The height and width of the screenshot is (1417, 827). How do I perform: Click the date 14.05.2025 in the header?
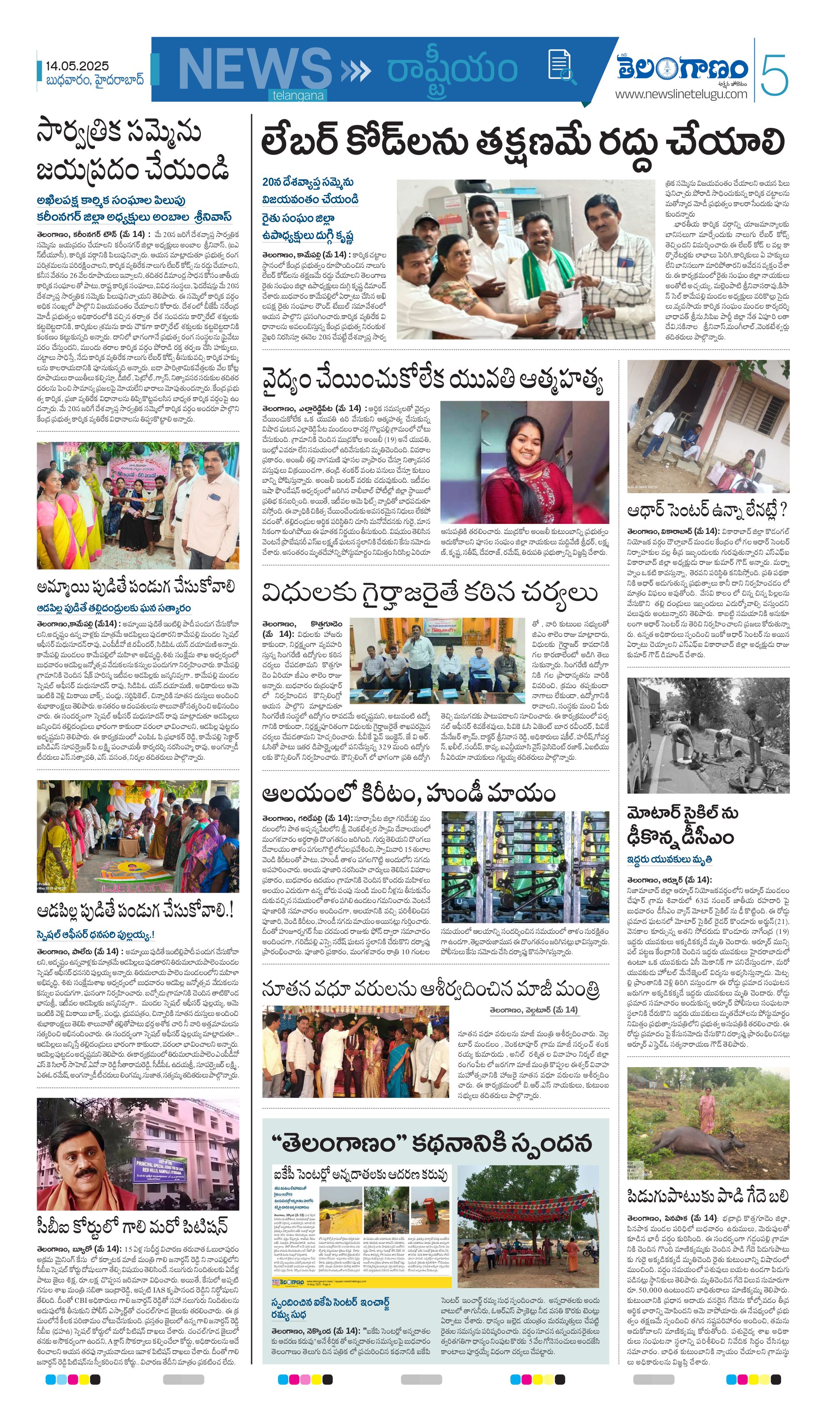[77, 66]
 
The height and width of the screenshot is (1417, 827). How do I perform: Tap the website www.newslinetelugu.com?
[681, 94]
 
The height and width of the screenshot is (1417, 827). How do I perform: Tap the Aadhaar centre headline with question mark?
[707, 511]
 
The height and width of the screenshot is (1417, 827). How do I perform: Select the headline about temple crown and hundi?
[408, 794]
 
